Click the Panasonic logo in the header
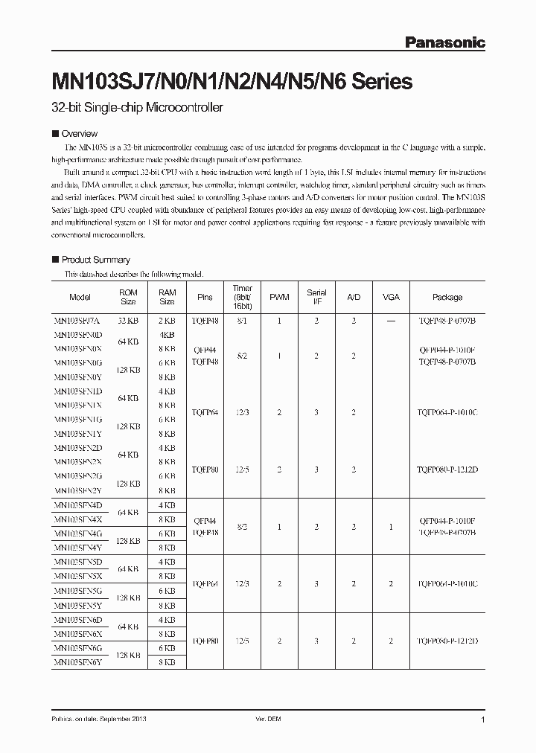click(x=444, y=43)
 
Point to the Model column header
click(x=80, y=297)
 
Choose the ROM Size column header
click(x=128, y=297)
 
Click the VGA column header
click(x=391, y=297)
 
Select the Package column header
click(x=447, y=297)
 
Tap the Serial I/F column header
click(x=316, y=297)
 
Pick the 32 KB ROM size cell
click(x=128, y=319)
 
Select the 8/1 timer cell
click(x=243, y=319)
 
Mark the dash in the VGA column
click(x=391, y=319)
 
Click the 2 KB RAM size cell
click(x=167, y=319)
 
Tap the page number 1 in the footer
click(x=483, y=720)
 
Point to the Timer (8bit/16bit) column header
click(x=243, y=297)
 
